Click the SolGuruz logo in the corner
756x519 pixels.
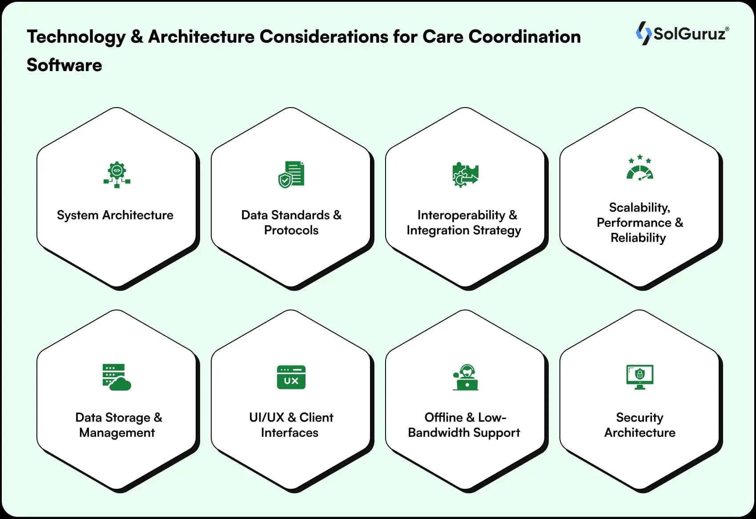pos(682,34)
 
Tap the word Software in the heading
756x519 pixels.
pos(64,65)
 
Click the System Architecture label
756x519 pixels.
pos(115,215)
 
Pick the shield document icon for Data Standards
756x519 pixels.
pos(291,174)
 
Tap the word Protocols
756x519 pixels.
pos(291,230)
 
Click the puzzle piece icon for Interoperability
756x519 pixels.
pos(465,175)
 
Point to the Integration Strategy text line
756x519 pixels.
pos(464,230)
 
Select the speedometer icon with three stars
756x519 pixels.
pos(639,168)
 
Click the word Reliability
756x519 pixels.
pos(638,238)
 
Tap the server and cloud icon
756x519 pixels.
pos(117,377)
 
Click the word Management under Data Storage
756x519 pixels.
pos(117,433)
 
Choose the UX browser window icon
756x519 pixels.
pos(291,377)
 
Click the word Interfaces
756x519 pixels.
pos(290,433)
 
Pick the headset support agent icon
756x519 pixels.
pos(465,377)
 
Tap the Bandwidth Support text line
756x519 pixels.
pos(464,433)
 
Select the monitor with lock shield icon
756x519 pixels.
pos(639,377)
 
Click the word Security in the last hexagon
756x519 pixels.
pos(639,418)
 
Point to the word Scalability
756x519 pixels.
pos(639,208)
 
